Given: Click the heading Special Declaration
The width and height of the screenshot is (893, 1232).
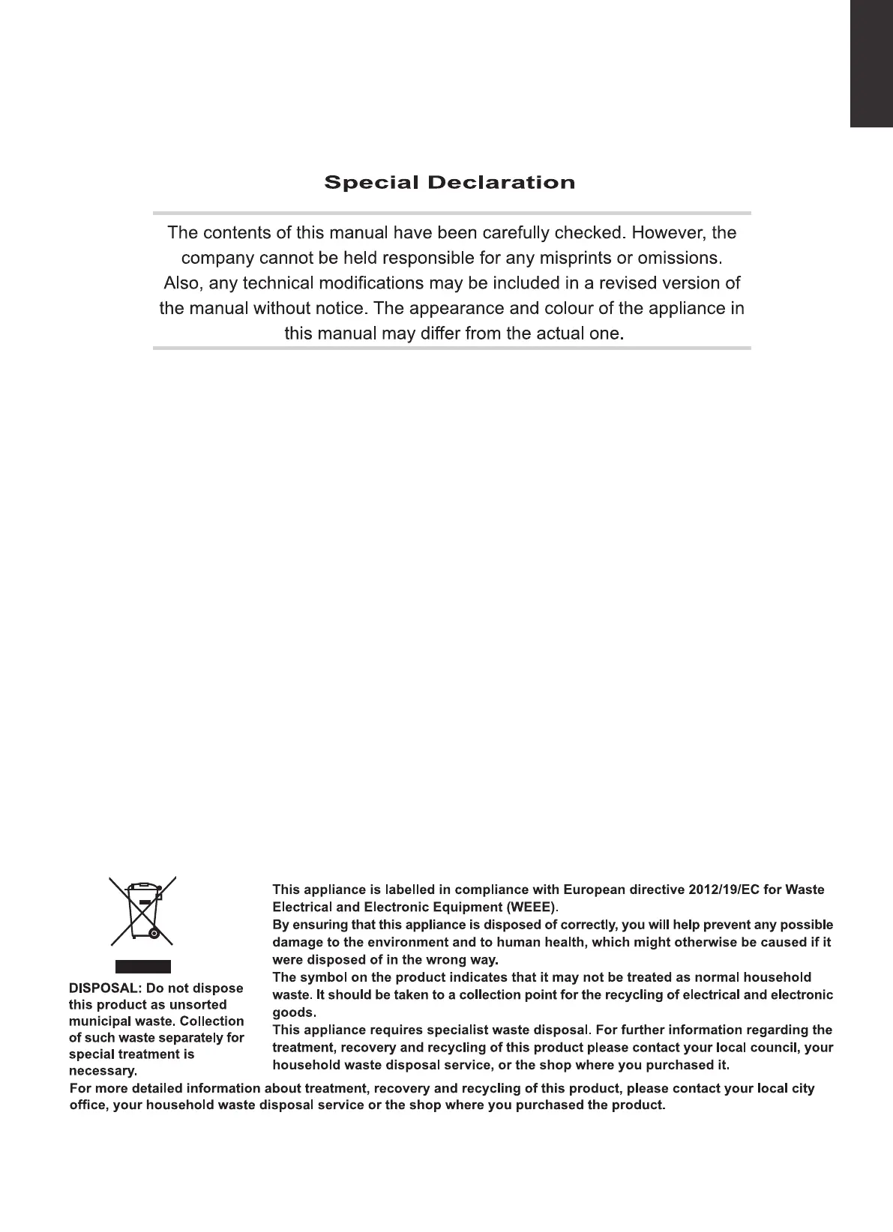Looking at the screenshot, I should pos(449,183).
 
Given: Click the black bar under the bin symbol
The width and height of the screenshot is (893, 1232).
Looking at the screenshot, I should pos(142,966).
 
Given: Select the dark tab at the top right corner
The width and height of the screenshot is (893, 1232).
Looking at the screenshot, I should pos(871,64).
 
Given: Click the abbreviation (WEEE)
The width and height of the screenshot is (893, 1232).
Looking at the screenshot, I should pos(532,908).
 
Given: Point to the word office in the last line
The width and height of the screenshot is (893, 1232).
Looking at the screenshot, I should pos(88,1106).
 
